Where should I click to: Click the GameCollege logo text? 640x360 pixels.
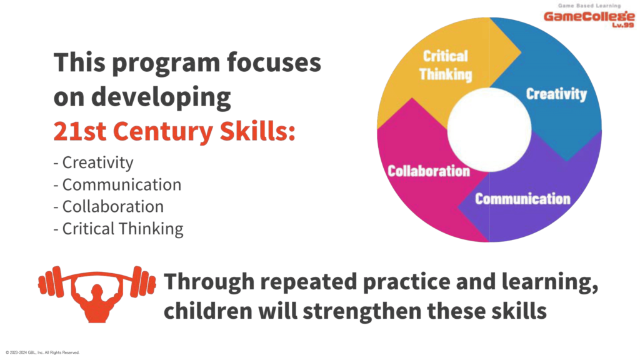coord(589,17)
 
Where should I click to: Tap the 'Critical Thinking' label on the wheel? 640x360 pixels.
coord(445,65)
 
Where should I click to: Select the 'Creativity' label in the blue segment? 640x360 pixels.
coord(556,94)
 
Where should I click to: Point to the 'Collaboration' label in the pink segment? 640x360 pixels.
coord(429,171)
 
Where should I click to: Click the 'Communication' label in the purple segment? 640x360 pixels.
coord(522,199)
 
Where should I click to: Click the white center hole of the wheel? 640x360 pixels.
coord(489,130)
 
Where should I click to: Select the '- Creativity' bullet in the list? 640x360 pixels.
coord(94,163)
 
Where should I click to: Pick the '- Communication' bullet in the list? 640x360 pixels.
coord(117,185)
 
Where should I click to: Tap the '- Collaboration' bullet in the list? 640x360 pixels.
coord(109,207)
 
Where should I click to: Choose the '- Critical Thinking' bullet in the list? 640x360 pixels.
coord(118,229)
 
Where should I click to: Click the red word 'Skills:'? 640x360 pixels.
coord(257,131)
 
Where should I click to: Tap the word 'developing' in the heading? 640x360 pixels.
coord(161,98)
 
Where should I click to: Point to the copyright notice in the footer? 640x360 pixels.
coord(42,352)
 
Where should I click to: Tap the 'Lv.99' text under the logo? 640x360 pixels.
coord(623,25)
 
